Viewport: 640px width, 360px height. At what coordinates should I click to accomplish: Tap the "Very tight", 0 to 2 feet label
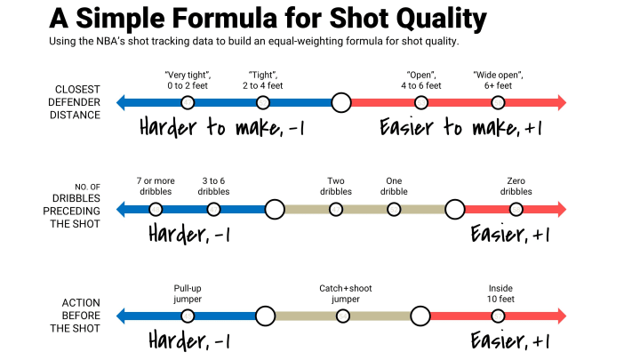pyautogui.click(x=188, y=80)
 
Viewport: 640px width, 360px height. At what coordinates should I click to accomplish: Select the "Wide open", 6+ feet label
pyautogui.click(x=498, y=80)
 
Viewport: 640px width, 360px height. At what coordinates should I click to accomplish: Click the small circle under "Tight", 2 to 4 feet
pyautogui.click(x=263, y=102)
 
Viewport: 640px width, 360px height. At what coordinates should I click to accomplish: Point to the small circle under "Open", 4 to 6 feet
pyautogui.click(x=421, y=102)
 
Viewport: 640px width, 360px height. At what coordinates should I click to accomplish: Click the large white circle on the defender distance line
pyautogui.click(x=341, y=102)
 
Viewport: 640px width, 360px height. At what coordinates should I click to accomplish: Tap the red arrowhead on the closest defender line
pyautogui.click(x=562, y=102)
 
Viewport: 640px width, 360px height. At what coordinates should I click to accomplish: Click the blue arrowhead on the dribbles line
pyautogui.click(x=121, y=210)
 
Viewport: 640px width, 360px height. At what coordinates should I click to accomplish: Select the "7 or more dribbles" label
pyautogui.click(x=156, y=186)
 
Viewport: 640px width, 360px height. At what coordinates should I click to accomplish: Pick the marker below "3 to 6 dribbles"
pyautogui.click(x=213, y=210)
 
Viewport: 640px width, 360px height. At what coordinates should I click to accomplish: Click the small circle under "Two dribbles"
pyautogui.click(x=336, y=210)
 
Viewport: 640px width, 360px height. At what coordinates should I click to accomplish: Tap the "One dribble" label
pyautogui.click(x=394, y=186)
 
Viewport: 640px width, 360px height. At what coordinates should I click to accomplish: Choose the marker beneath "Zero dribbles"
pyautogui.click(x=516, y=210)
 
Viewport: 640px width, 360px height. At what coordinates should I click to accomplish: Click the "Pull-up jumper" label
pyautogui.click(x=188, y=293)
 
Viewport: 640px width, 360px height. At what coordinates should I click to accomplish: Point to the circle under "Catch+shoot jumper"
pyautogui.click(x=343, y=316)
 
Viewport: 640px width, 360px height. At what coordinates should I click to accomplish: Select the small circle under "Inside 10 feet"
pyautogui.click(x=498, y=316)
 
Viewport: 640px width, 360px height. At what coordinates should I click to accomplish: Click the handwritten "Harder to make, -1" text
pyautogui.click(x=221, y=127)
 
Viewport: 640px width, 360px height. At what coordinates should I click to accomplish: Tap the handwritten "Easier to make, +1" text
pyautogui.click(x=461, y=127)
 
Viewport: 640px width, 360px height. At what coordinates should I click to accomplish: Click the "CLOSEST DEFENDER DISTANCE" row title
pyautogui.click(x=75, y=102)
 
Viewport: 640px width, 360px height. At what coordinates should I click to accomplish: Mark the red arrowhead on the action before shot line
pyautogui.click(x=562, y=316)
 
